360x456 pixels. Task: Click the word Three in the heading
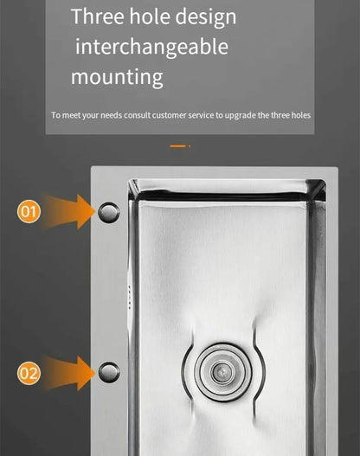click(98, 16)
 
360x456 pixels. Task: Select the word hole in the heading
click(154, 16)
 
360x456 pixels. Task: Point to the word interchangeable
click(151, 46)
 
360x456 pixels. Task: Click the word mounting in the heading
click(117, 76)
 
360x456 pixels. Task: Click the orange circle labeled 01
click(29, 211)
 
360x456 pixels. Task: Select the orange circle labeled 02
click(29, 373)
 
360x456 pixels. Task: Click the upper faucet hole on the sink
click(109, 212)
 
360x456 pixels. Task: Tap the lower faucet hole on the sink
click(109, 373)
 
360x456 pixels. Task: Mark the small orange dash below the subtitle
click(178, 146)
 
